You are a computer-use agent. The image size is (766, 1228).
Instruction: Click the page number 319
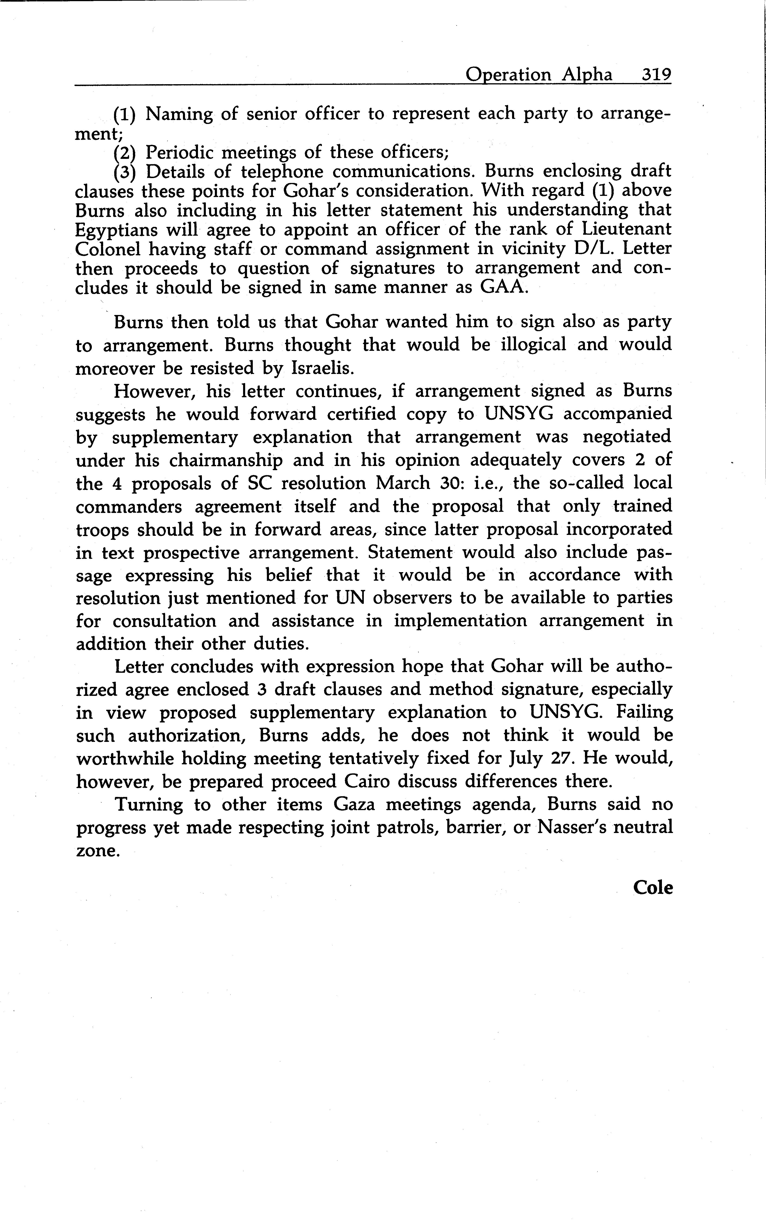tap(656, 75)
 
